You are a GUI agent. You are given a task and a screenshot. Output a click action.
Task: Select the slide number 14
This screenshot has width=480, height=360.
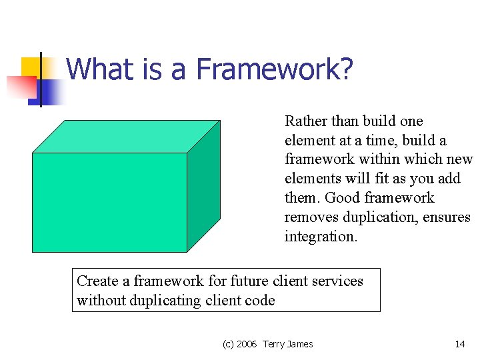(x=459, y=344)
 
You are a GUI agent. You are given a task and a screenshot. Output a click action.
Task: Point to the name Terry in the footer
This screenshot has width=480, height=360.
(x=274, y=344)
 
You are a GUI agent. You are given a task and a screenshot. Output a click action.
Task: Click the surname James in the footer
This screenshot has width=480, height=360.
(x=301, y=344)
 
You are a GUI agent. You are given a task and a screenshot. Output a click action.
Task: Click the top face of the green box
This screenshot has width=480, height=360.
(x=127, y=137)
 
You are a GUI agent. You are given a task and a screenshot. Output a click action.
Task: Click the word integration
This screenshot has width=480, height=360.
(x=321, y=237)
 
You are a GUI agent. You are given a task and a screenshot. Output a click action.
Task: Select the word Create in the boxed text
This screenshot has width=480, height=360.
(x=97, y=281)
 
